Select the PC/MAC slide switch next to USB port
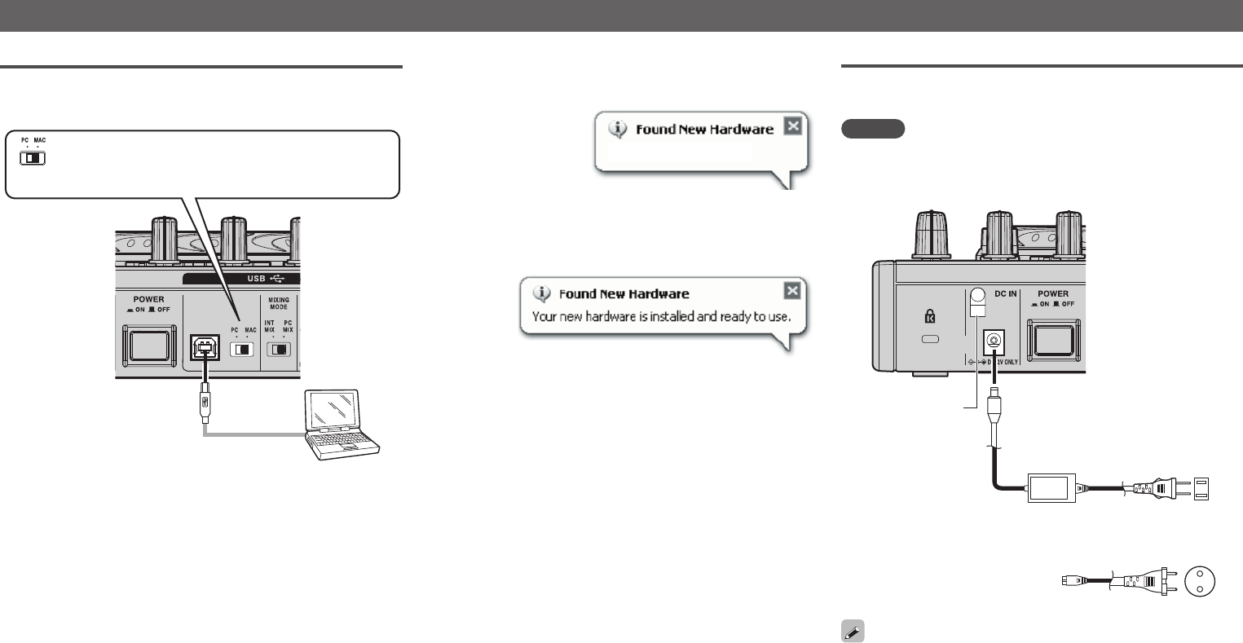pyautogui.click(x=242, y=350)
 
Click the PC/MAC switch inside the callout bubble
pyautogui.click(x=33, y=156)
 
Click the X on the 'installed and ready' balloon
pyautogui.click(x=791, y=291)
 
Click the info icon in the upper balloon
pyautogui.click(x=620, y=128)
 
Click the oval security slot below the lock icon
pyautogui.click(x=929, y=339)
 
